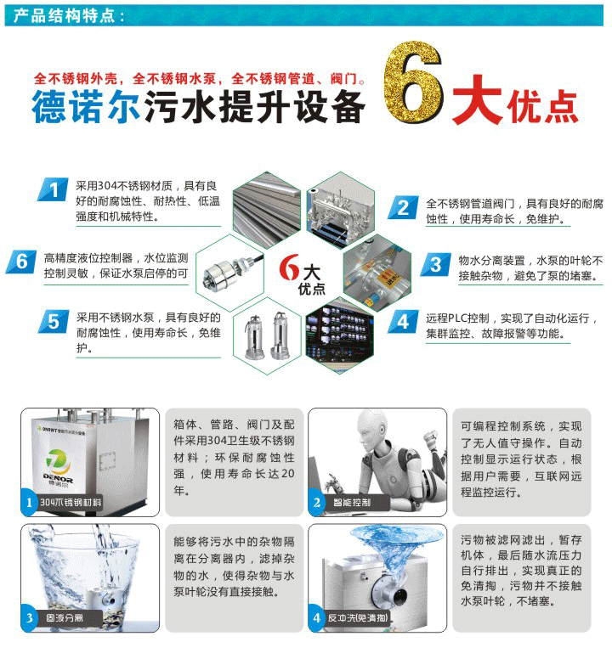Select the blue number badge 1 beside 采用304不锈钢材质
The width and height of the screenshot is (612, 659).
[54, 191]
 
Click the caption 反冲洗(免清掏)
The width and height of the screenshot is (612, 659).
[359, 618]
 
